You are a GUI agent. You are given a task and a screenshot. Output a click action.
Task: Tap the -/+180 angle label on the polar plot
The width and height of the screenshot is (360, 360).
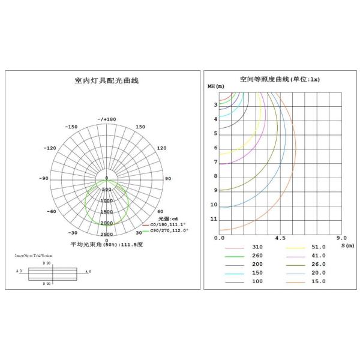coord(106,119)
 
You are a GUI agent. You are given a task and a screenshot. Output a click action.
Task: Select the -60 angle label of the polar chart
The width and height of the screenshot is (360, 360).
coord(52,211)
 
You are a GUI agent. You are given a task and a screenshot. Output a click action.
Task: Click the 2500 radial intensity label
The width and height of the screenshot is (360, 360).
coord(106,234)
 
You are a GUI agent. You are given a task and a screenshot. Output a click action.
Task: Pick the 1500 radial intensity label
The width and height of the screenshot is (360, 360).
coord(106,212)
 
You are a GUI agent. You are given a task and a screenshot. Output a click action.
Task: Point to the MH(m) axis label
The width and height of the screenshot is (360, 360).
coord(216,87)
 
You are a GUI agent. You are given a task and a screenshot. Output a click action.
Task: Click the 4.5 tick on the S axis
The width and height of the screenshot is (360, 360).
coord(280,238)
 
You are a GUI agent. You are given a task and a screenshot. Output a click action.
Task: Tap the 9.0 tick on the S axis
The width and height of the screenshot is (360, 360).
coord(341,238)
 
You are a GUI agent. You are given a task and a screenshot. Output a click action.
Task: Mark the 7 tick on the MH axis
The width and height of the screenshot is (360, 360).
coord(215,162)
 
